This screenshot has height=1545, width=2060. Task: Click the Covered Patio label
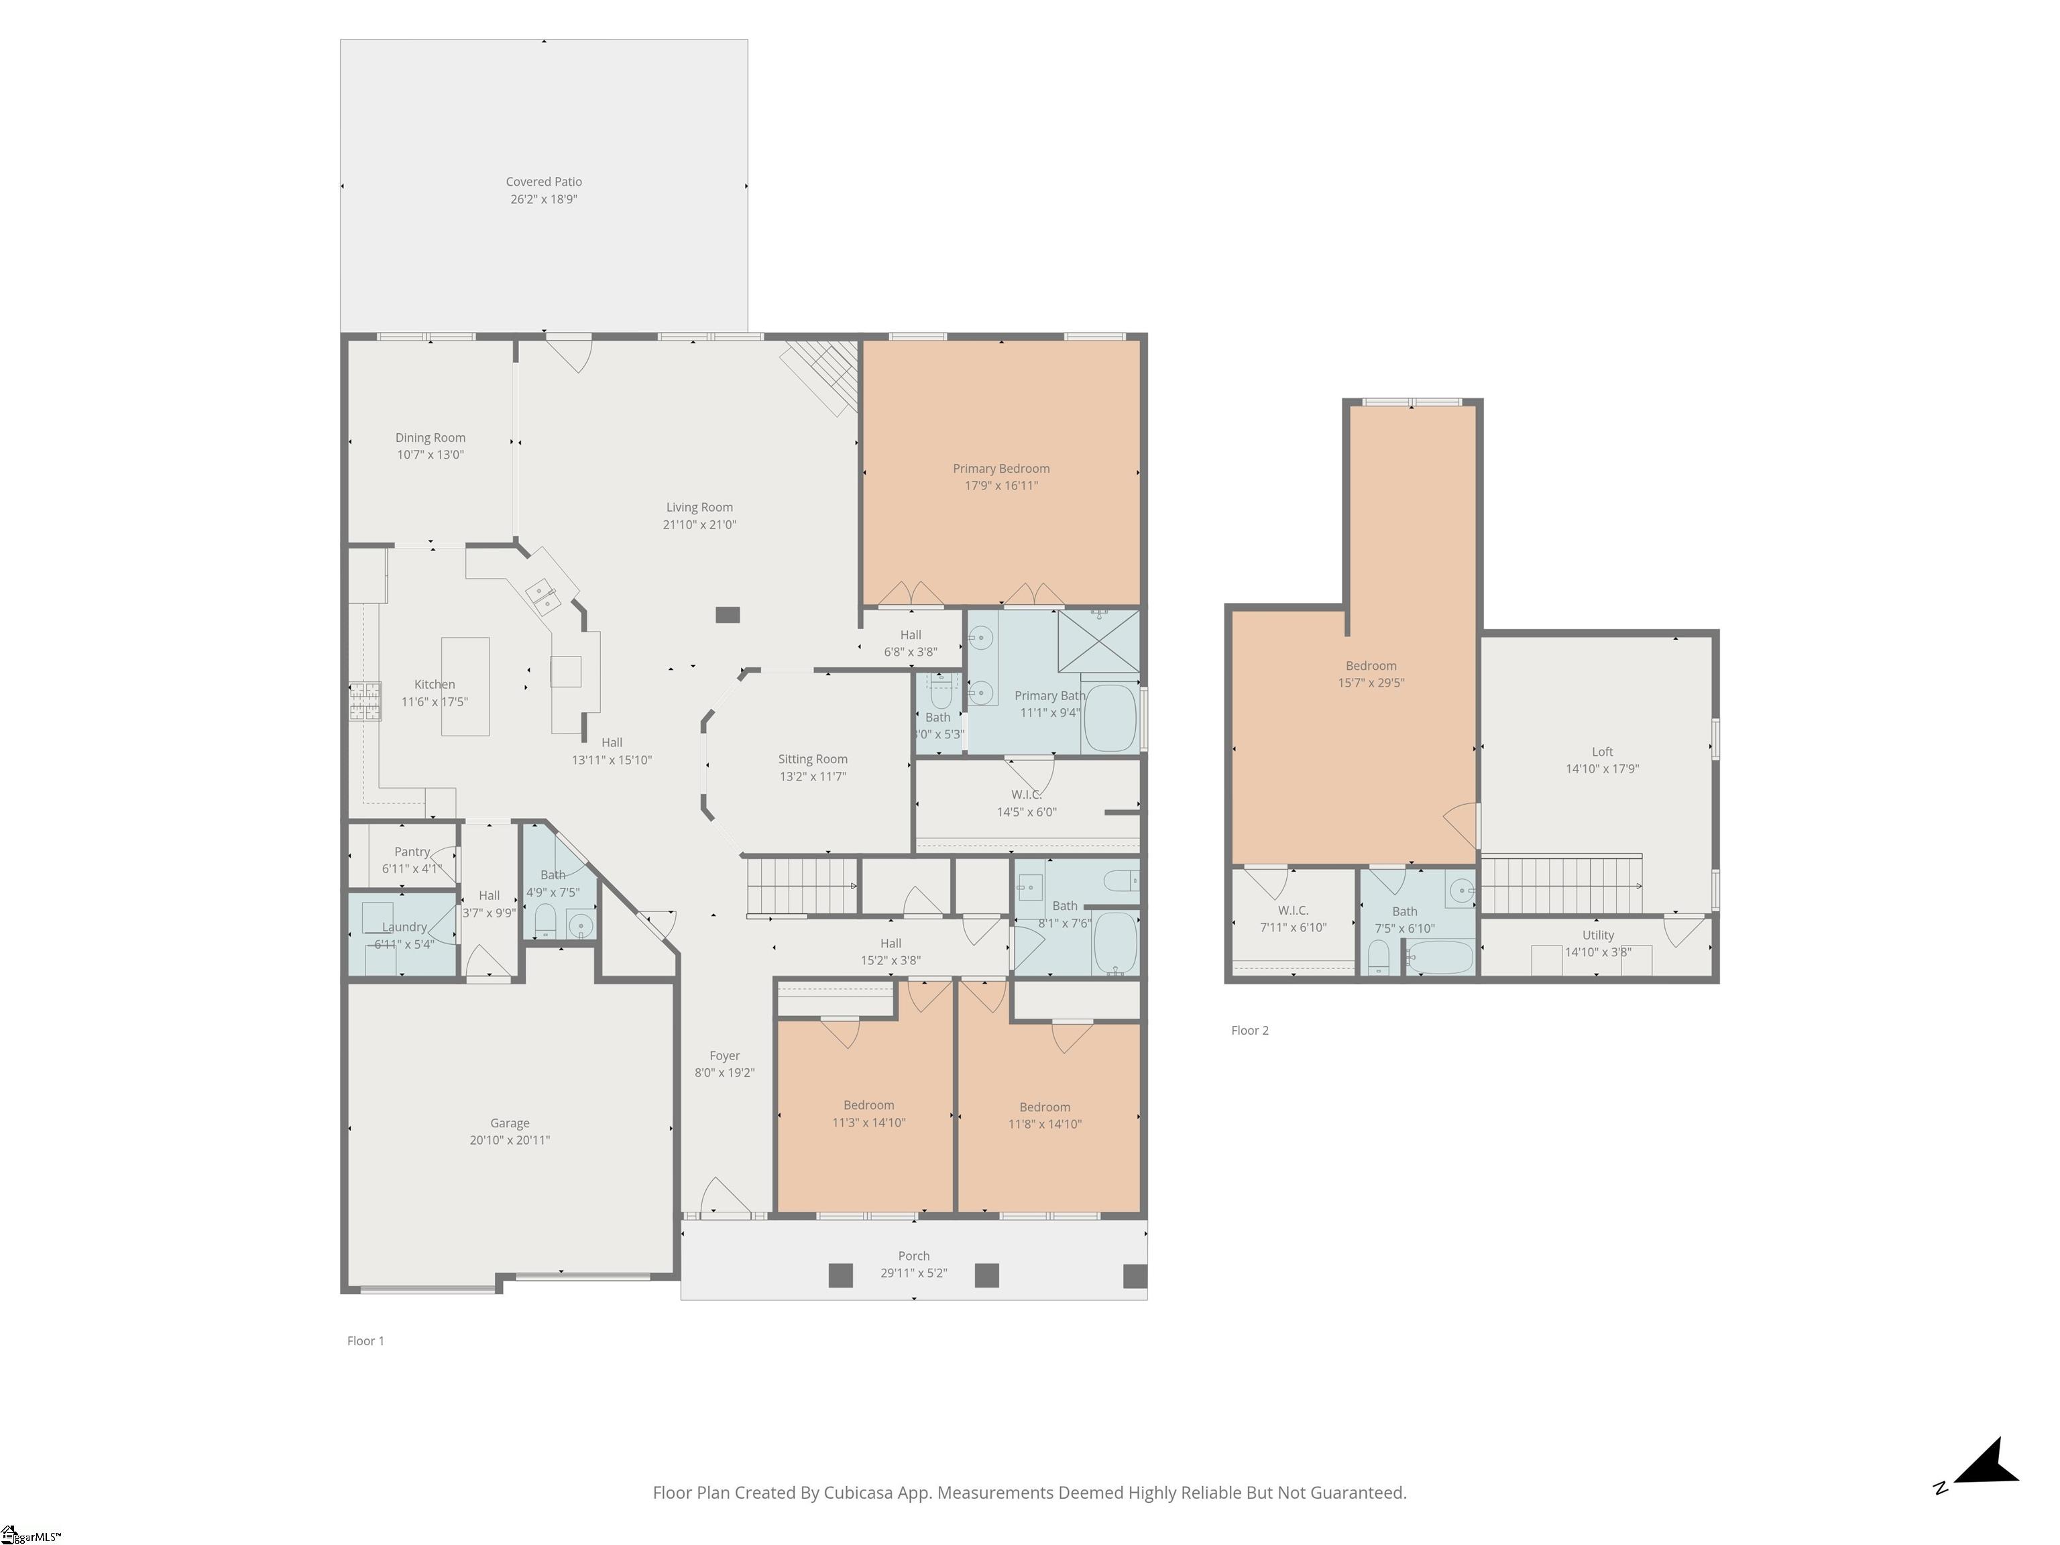point(544,182)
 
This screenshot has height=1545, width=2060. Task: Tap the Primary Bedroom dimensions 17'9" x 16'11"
point(1001,485)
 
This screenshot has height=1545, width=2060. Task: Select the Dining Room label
point(431,438)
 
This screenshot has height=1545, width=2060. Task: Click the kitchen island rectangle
point(465,687)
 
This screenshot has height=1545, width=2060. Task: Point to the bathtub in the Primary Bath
point(1109,718)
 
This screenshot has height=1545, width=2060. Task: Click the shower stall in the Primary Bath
point(1098,640)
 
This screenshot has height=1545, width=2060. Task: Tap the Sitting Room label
point(813,759)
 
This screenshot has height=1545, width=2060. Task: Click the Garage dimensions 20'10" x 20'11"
point(510,1140)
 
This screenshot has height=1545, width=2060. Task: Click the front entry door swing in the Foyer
point(723,1197)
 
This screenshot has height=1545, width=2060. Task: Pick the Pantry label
point(412,851)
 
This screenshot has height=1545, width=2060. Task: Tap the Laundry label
point(404,927)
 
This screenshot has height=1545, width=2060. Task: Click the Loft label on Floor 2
point(1602,752)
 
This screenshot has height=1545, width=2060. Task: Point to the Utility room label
point(1598,935)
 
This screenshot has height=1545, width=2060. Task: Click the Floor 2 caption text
point(1250,1030)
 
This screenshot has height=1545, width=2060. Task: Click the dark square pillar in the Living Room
point(728,615)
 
